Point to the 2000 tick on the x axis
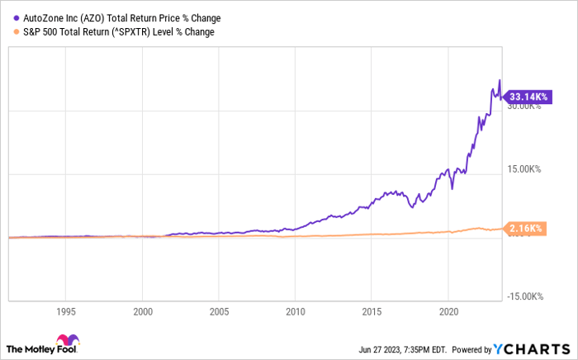(142, 312)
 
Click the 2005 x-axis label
(218, 312)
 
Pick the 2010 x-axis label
(295, 312)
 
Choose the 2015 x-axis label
(371, 312)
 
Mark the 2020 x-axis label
(447, 312)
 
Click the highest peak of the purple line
(499, 80)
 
